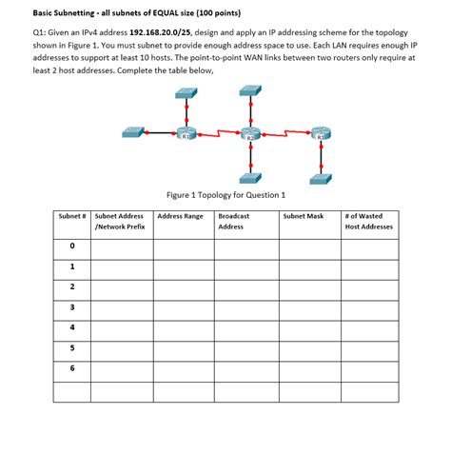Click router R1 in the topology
(186, 134)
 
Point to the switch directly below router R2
(249, 177)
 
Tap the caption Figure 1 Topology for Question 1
(225, 195)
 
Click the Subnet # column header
(72, 216)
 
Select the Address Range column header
(180, 216)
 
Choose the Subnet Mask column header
(303, 216)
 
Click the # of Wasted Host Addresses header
(368, 221)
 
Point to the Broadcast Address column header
(233, 221)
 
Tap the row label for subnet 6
(72, 367)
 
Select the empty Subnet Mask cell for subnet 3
(307, 307)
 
